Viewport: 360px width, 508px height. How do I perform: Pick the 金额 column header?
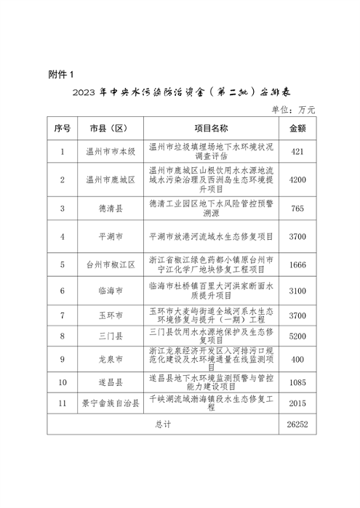point(297,128)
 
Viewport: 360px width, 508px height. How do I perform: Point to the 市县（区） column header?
point(111,128)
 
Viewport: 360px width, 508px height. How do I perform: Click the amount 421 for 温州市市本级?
point(297,151)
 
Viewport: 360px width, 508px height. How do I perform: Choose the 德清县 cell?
point(111,208)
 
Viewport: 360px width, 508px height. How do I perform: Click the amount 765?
point(297,208)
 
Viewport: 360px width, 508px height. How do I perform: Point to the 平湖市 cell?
point(111,236)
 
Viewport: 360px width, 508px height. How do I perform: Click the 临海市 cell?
point(111,291)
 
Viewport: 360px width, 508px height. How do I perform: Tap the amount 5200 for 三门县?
point(297,336)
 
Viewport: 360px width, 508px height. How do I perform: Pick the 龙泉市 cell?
point(111,359)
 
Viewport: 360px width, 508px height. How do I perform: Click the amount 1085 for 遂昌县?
point(297,382)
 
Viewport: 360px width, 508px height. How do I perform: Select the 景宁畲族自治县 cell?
point(111,403)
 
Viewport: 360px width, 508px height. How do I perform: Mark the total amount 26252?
point(297,424)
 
